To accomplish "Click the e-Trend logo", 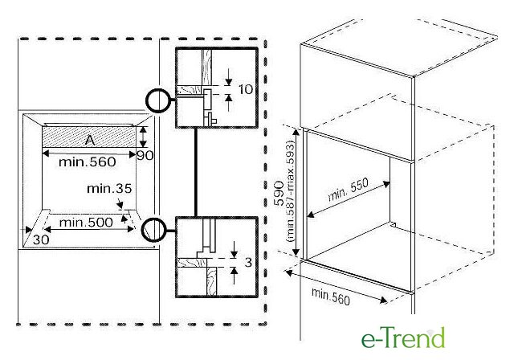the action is click(x=403, y=337).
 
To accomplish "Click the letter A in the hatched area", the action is click(x=90, y=140).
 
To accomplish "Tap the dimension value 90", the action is click(x=145, y=155).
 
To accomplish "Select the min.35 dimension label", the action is click(x=109, y=189).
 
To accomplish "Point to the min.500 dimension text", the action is click(x=86, y=223).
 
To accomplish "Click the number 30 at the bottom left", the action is click(x=41, y=239).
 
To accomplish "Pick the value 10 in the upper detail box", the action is click(x=246, y=89).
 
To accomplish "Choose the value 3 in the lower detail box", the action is click(x=248, y=263).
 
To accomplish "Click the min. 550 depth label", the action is click(x=348, y=190).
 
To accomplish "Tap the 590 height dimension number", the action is click(x=279, y=193).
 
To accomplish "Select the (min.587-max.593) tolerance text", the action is click(x=291, y=193).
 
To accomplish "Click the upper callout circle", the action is click(x=158, y=100).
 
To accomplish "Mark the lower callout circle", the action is click(x=153, y=230).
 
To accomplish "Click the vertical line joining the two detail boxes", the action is click(x=196, y=173).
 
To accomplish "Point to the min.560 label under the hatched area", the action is click(x=88, y=162).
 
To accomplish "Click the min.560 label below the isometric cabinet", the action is click(x=330, y=297).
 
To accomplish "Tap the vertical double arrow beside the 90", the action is click(x=143, y=137).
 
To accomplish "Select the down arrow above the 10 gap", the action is click(x=228, y=77).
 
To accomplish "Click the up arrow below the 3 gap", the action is click(x=234, y=276).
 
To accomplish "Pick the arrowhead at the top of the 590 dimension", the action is click(x=296, y=132).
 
